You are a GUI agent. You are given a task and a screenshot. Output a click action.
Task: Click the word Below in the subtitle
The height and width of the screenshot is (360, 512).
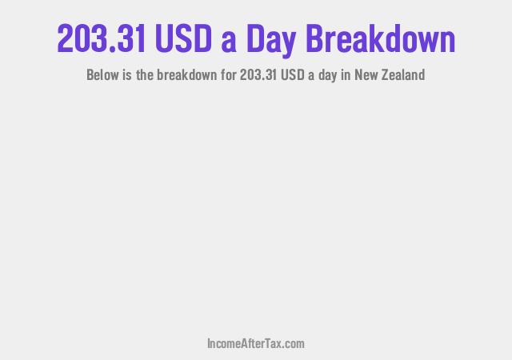coord(102,76)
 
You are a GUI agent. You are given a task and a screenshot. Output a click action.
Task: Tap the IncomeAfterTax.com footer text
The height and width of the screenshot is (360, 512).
coord(255,344)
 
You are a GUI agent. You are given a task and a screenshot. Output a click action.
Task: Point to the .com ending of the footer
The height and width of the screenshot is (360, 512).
coord(292,344)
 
